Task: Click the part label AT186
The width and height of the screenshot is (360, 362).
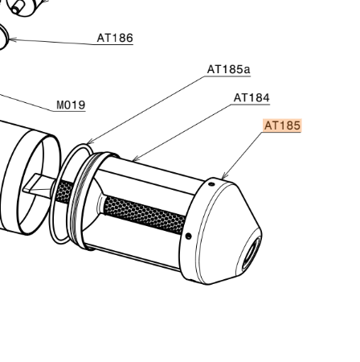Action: click(x=115, y=38)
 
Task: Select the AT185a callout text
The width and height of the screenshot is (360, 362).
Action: click(x=228, y=69)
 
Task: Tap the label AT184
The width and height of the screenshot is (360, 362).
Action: click(x=252, y=97)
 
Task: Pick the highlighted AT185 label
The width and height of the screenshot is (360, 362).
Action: click(x=282, y=125)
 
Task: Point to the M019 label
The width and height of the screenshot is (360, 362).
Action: click(x=71, y=105)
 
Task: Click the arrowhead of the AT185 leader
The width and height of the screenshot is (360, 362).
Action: click(x=224, y=176)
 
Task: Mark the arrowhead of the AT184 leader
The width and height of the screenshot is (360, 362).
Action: click(x=135, y=159)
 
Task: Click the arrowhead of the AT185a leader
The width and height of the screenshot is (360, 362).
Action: click(x=90, y=142)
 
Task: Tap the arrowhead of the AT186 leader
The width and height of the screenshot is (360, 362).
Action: click(x=11, y=40)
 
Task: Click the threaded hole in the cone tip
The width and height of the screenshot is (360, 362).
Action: click(x=251, y=254)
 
